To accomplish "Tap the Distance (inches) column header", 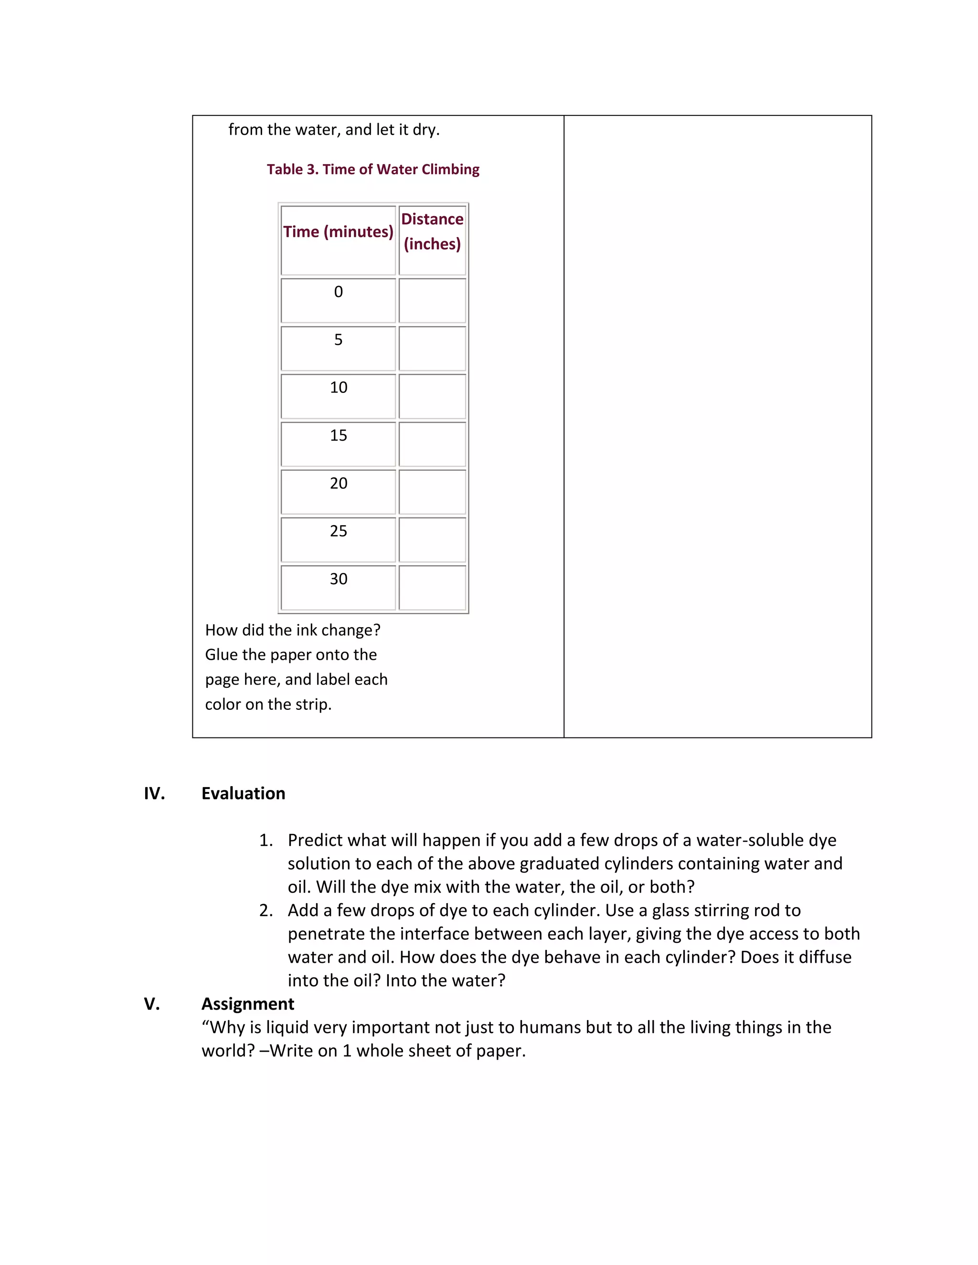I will (432, 232).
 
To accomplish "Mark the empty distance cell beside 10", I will (432, 397).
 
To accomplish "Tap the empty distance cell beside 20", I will (432, 492).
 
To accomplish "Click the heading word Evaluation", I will (244, 793).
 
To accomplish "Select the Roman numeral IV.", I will (154, 793).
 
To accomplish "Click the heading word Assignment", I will (247, 1004).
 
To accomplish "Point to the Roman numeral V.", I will (152, 1004).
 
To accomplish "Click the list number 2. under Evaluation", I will (266, 910).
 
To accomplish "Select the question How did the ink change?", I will (293, 630).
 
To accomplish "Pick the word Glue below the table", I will (221, 655).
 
